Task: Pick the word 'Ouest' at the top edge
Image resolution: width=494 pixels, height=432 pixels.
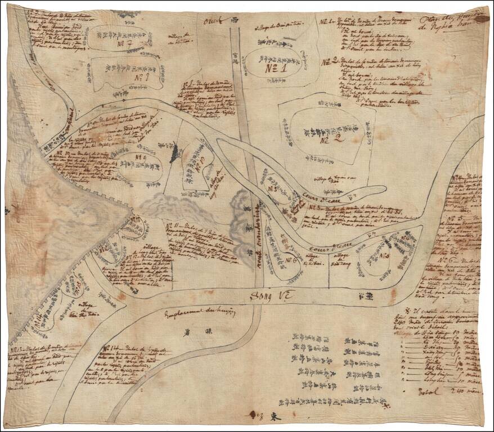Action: [x=214, y=21]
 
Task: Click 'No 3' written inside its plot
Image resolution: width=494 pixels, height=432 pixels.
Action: [x=385, y=256]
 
